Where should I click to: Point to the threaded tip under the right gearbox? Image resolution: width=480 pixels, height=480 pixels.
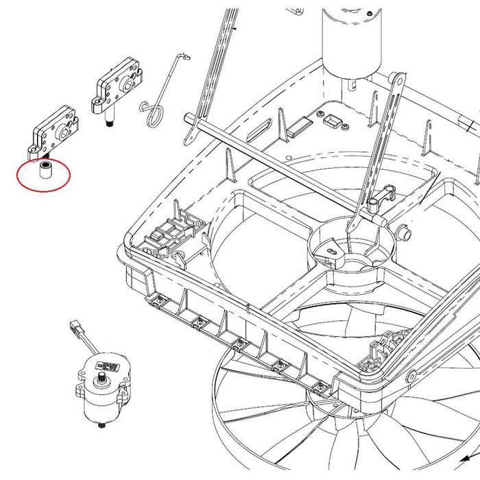coord(108,124)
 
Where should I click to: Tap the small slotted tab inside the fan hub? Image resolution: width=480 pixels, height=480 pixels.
coord(333,252)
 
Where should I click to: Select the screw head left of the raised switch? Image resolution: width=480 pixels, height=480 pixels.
coord(320,110)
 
